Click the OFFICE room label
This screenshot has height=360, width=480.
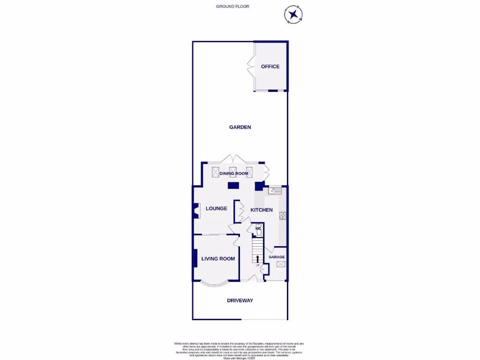pyautogui.click(x=270, y=67)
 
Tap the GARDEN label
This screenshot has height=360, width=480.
pyautogui.click(x=240, y=127)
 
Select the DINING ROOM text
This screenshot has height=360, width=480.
pyautogui.click(x=234, y=174)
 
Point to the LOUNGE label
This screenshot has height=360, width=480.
pyautogui.click(x=216, y=209)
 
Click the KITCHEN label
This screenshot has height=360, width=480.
pyautogui.click(x=261, y=210)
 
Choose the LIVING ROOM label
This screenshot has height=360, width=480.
pyautogui.click(x=218, y=259)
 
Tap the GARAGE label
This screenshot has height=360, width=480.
pyautogui.click(x=277, y=257)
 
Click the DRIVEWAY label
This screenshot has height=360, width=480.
pyautogui.click(x=240, y=300)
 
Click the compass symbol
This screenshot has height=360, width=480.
pyautogui.click(x=293, y=15)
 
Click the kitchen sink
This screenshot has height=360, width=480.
pyautogui.click(x=275, y=190)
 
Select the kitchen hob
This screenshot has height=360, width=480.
pyautogui.click(x=283, y=216)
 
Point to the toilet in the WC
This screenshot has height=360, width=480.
pyautogui.click(x=258, y=231)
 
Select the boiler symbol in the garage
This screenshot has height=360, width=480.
pyautogui.click(x=281, y=264)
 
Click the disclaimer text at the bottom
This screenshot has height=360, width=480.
pyautogui.click(x=240, y=351)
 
